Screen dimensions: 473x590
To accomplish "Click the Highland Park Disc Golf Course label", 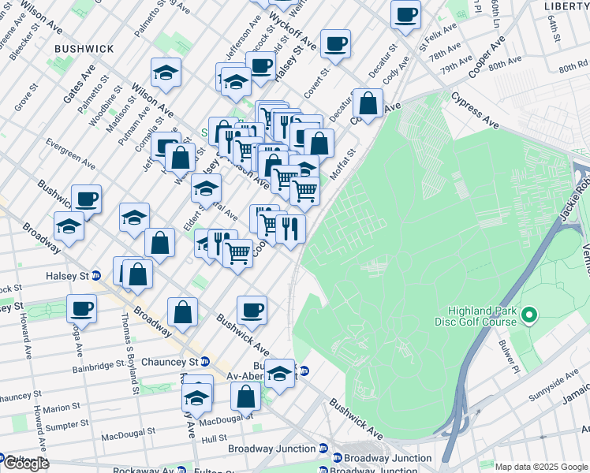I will pyautogui.click(x=476, y=316).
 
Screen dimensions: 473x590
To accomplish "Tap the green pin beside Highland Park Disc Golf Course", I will pyautogui.click(x=529, y=316).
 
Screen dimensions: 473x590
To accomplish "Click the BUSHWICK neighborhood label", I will pyautogui.click(x=84, y=49).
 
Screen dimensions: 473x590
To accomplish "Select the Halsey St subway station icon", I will pyautogui.click(x=96, y=275).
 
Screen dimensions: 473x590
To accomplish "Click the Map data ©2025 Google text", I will pyautogui.click(x=541, y=467).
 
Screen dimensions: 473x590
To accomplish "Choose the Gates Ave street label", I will pyautogui.click(x=79, y=84).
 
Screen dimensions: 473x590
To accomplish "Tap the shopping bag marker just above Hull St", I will pyautogui.click(x=246, y=396).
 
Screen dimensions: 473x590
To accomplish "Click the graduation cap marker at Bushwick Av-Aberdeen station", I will pyautogui.click(x=279, y=374).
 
